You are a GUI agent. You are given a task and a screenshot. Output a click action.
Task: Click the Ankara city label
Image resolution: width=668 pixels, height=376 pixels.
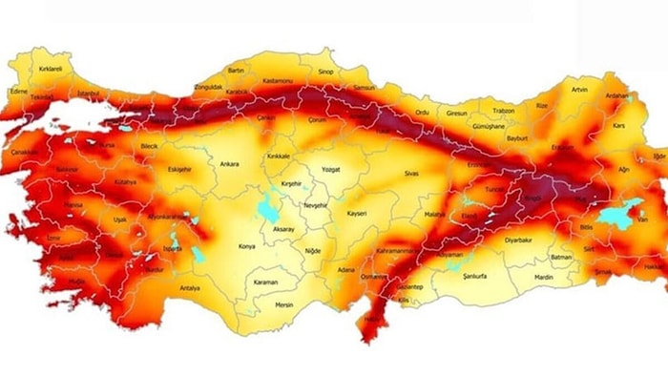point(230,163)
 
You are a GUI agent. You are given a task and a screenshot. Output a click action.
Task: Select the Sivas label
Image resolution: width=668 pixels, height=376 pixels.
point(412,175)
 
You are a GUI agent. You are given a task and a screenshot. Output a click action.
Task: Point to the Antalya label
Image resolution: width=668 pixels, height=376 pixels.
point(190,289)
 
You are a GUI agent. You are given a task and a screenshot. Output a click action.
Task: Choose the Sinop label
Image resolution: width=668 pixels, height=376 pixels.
point(325,72)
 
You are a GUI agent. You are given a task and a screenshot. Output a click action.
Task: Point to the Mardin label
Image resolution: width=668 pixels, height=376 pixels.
point(543,278)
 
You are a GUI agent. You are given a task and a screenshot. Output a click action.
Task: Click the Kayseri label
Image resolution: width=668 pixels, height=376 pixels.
point(357,214)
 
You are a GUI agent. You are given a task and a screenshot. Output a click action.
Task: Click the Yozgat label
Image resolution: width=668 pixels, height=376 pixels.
point(330,168)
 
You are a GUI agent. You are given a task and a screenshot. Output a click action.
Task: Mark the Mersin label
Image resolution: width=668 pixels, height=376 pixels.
point(283,305)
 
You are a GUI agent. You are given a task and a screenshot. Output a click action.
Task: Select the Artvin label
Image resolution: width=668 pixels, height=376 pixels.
point(579,90)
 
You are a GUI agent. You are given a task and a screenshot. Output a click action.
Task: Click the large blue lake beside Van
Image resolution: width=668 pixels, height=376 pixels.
point(617,217)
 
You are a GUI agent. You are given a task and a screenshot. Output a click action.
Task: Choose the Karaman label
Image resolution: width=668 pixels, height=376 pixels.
point(266,283)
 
